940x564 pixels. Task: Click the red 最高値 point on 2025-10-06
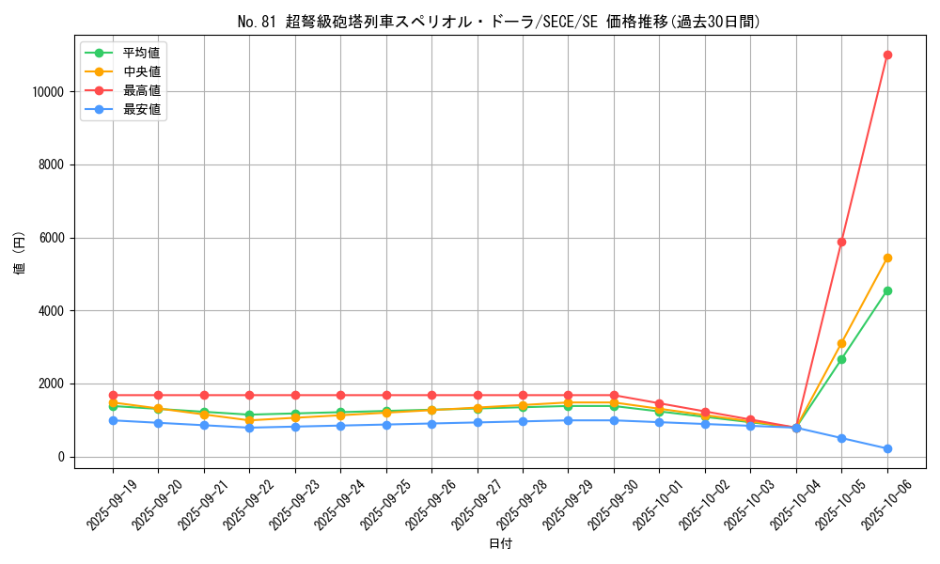(x=887, y=55)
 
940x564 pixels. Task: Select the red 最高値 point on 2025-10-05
(x=841, y=242)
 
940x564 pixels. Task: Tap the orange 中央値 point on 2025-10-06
(x=887, y=258)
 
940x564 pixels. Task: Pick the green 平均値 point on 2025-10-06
(x=887, y=290)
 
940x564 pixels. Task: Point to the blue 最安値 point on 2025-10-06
(x=887, y=448)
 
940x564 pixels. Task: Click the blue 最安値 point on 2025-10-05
(x=841, y=438)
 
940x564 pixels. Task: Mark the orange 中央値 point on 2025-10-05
(x=841, y=343)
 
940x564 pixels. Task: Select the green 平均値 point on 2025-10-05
(x=841, y=359)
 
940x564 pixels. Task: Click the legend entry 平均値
(x=141, y=53)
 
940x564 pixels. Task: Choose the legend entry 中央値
(x=141, y=71)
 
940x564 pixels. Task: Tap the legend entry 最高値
(x=141, y=90)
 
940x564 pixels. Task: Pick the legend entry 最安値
(x=141, y=109)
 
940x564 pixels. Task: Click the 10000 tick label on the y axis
(x=46, y=92)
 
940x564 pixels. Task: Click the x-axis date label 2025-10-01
(x=644, y=503)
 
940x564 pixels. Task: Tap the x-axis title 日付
(x=500, y=543)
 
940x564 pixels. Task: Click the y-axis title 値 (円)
(x=20, y=254)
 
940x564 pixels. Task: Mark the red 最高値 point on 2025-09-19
(x=113, y=395)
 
